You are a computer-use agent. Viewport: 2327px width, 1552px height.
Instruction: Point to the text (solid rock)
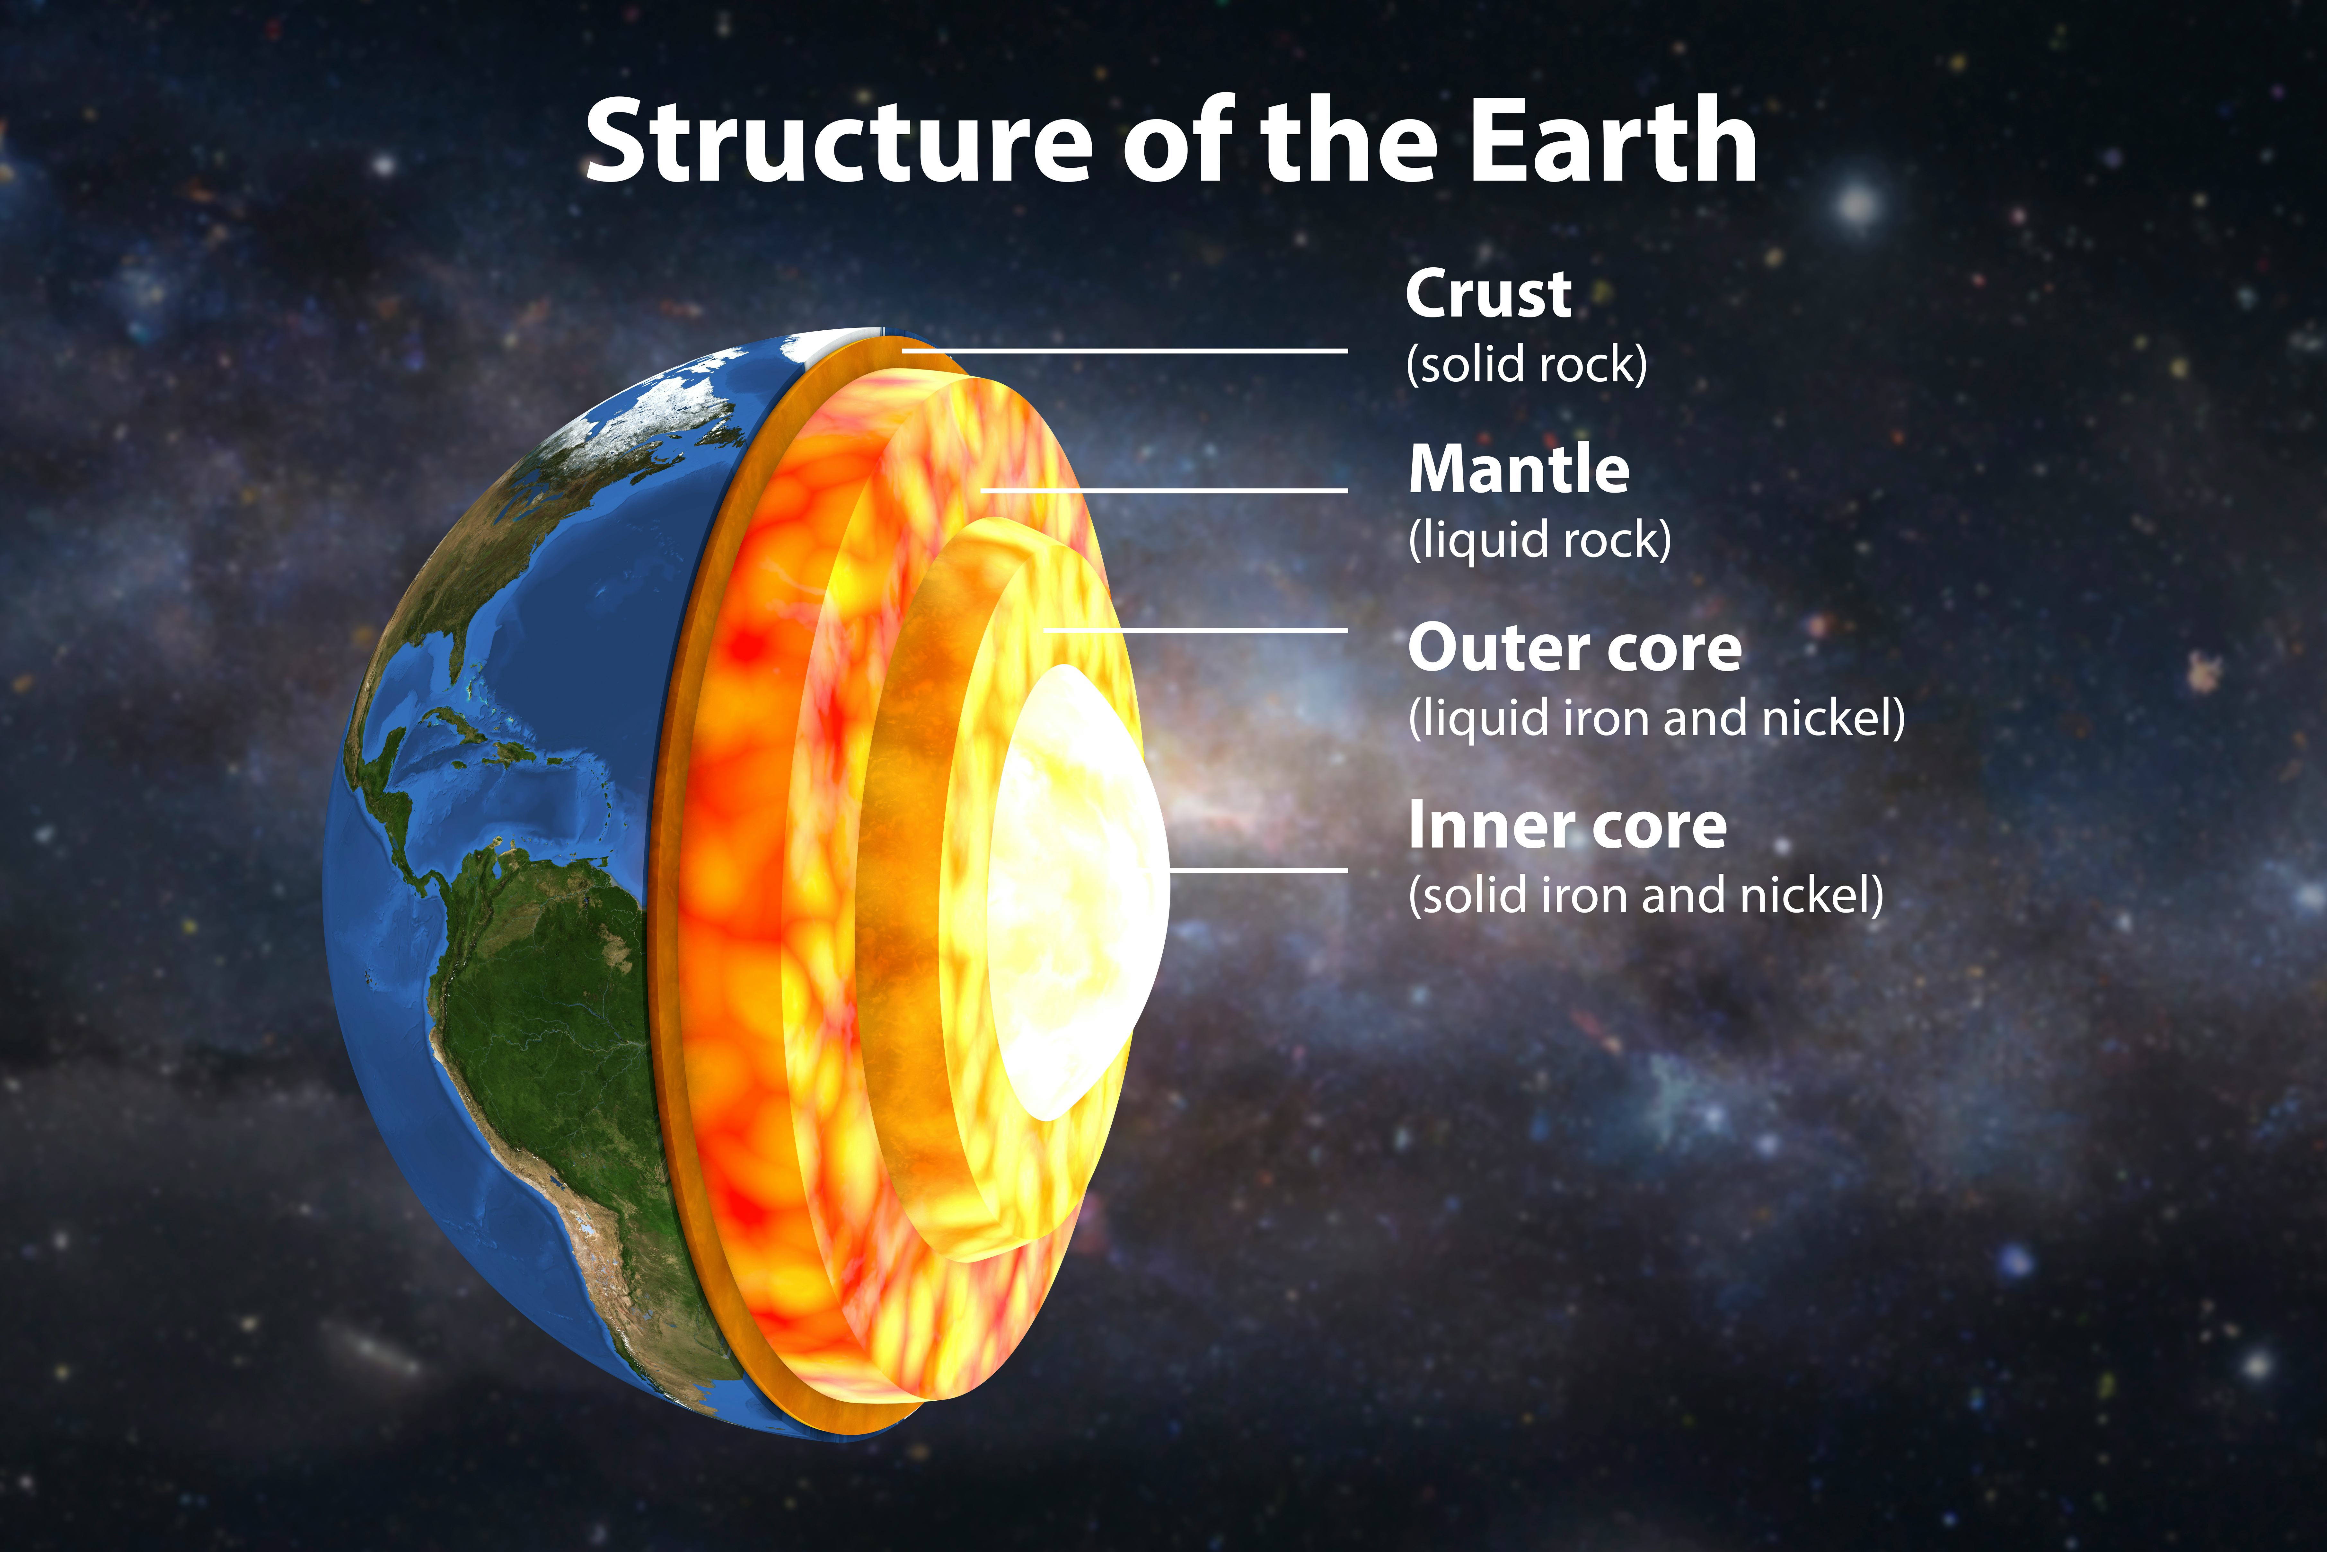pos(1527,364)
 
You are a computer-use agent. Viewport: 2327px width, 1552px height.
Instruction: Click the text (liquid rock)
pos(1539,540)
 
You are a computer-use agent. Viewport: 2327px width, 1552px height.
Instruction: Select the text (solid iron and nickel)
pos(1646,895)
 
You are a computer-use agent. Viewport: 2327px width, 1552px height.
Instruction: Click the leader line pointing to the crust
pos(1125,350)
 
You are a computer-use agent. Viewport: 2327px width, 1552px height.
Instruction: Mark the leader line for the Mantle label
pos(1165,490)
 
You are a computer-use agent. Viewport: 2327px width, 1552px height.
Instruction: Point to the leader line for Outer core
pos(1196,629)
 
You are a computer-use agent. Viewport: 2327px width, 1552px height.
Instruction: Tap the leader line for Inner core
pos(1258,870)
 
